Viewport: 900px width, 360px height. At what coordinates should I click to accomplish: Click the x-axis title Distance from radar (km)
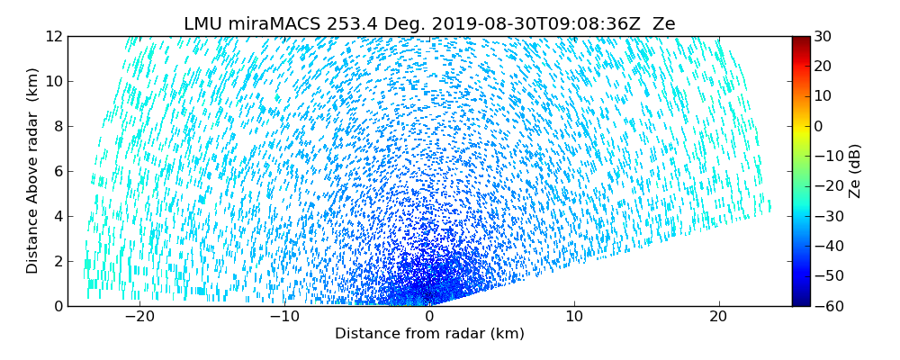coord(429,334)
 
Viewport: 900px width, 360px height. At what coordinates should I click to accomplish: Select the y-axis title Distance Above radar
coord(33,171)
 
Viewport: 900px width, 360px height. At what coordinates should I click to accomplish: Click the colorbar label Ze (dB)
coord(855,171)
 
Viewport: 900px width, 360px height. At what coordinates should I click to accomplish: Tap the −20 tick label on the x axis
coord(139,317)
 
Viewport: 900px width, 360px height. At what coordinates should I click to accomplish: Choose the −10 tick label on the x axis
coord(284,317)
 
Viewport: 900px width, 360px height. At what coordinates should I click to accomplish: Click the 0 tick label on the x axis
coord(429,317)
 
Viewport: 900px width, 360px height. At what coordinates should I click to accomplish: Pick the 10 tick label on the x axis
coord(574,317)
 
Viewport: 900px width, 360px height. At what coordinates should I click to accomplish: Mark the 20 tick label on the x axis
coord(719,317)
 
